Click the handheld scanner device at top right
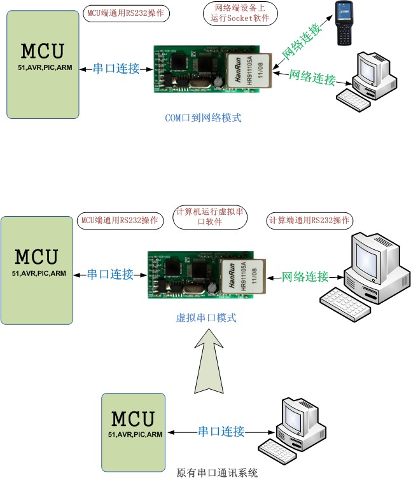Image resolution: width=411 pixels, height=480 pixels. pyautogui.click(x=349, y=24)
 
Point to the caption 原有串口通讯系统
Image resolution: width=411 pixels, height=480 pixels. pyautogui.click(x=217, y=473)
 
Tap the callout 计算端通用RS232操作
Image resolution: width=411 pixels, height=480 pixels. pyautogui.click(x=309, y=220)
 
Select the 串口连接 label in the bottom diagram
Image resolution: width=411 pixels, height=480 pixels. pyautogui.click(x=221, y=432)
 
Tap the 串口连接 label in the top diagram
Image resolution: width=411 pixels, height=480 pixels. pyautogui.click(x=116, y=69)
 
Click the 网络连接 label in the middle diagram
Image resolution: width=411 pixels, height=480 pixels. pyautogui.click(x=305, y=277)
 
